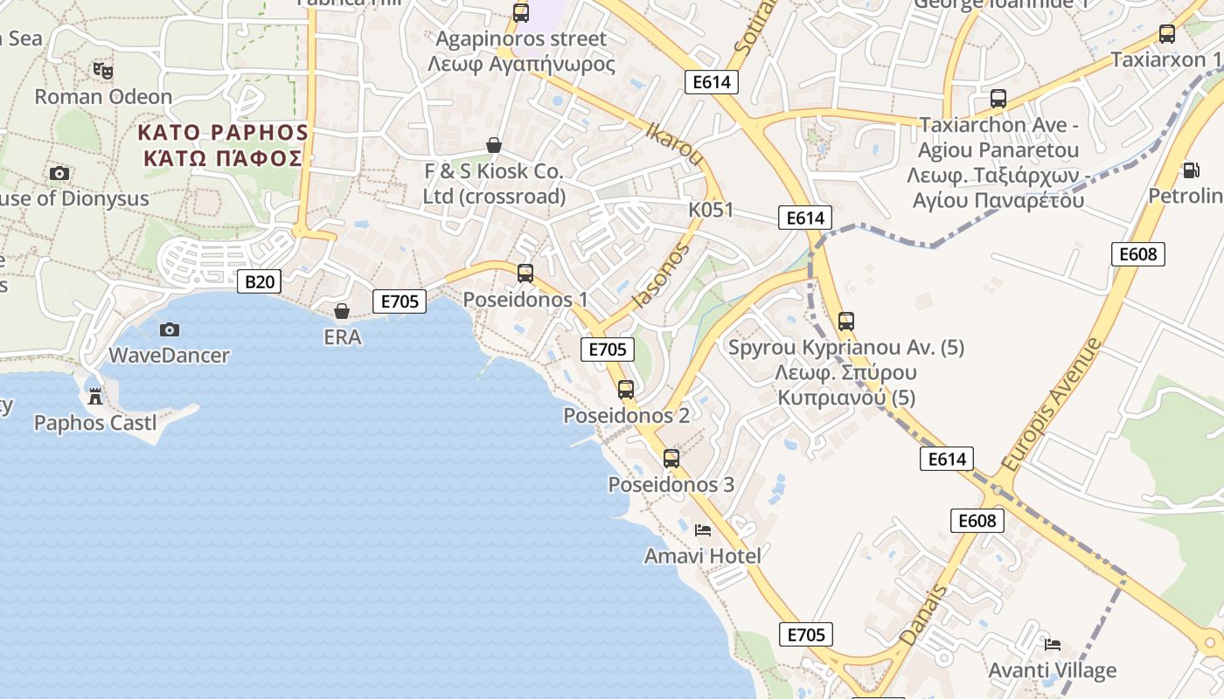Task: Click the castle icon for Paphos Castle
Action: (x=95, y=396)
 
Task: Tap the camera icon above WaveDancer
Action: (x=170, y=329)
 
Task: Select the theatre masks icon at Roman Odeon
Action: (x=103, y=70)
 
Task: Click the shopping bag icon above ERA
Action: (x=342, y=311)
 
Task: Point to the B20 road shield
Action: (x=260, y=281)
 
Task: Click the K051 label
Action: (x=711, y=211)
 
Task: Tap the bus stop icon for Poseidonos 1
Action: (x=525, y=273)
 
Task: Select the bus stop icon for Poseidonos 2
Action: (x=626, y=390)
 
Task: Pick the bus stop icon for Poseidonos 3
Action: (x=671, y=459)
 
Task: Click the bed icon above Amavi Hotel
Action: (x=703, y=529)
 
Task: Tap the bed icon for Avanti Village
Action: (x=1053, y=645)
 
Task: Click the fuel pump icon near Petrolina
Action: (x=1190, y=170)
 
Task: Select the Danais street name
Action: (x=924, y=615)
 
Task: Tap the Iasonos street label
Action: (x=660, y=275)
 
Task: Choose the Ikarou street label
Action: (x=674, y=144)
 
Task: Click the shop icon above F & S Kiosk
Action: (x=494, y=145)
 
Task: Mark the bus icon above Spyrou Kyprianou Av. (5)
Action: (x=845, y=322)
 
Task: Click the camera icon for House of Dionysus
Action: (x=59, y=174)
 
